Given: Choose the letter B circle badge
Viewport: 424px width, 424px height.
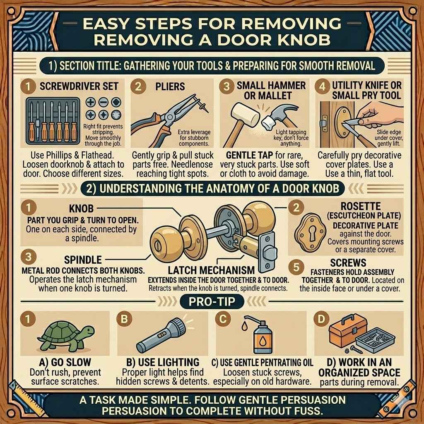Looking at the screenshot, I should [123, 319].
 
